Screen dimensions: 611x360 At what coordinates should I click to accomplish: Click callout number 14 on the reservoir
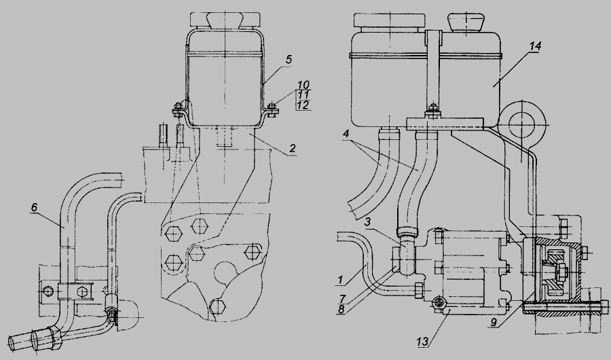tap(535, 46)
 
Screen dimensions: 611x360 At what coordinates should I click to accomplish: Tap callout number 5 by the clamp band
tap(289, 60)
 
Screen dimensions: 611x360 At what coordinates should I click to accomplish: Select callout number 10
tap(303, 85)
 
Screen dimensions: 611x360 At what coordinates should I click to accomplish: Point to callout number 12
tap(303, 105)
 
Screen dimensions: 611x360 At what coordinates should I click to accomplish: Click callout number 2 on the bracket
tap(292, 148)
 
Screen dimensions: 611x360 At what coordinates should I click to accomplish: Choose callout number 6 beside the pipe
tap(34, 207)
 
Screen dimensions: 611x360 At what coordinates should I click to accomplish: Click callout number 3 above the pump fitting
tap(367, 222)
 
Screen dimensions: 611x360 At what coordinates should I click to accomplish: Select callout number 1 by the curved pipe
tap(340, 279)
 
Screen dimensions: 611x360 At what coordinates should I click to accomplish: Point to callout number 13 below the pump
tap(423, 342)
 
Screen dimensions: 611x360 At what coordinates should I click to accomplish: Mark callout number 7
tap(343, 299)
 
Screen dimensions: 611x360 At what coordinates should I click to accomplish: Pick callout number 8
tap(341, 311)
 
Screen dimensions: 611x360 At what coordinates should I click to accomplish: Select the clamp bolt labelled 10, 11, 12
tap(272, 109)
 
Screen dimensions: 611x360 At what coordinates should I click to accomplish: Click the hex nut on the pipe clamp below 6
tap(83, 292)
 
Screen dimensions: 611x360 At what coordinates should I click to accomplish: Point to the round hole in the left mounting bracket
tap(49, 291)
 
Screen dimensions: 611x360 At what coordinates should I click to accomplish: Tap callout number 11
tap(303, 95)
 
